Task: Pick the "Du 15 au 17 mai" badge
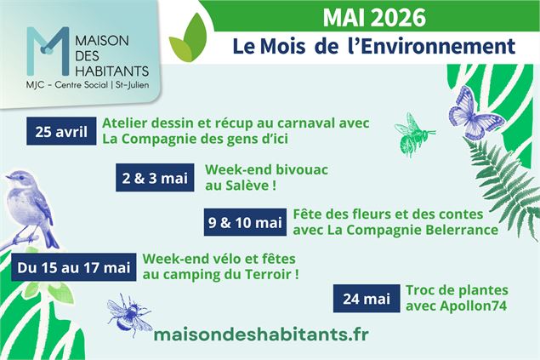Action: tap(73, 267)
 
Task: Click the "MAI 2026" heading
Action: tap(375, 16)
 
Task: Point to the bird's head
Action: tap(18, 181)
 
